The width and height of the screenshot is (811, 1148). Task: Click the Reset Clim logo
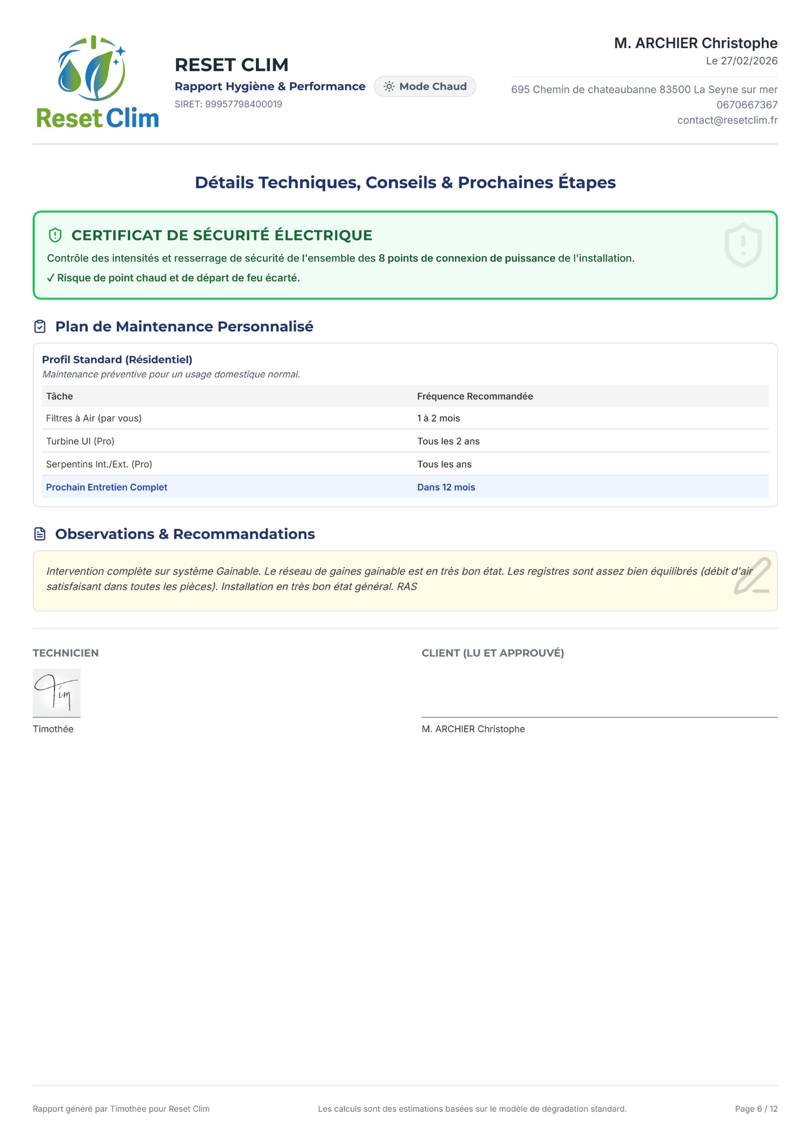97,82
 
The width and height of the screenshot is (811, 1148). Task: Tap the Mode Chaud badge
424,87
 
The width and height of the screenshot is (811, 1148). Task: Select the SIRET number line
228,104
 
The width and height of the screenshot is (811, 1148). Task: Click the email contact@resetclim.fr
727,121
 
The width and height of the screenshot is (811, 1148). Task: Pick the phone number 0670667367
746,105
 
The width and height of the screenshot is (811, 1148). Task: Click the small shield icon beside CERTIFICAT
55,235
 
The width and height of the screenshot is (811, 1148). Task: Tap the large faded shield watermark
743,245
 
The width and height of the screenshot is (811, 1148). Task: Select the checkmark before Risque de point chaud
50,278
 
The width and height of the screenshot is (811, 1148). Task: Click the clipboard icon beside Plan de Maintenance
40,327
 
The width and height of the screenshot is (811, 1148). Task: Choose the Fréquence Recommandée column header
474,397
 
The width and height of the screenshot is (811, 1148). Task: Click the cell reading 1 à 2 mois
438,418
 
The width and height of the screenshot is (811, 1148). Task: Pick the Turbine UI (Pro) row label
80,441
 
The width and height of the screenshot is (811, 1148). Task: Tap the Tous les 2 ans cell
448,441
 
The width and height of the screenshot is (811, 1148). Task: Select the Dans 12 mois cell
446,487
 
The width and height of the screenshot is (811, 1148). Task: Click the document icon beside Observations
40,534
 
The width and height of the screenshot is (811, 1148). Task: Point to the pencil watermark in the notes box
751,576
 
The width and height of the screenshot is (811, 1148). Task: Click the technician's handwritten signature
56,692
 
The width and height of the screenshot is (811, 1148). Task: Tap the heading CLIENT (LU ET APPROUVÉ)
493,653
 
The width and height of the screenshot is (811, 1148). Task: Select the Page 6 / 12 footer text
756,1109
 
